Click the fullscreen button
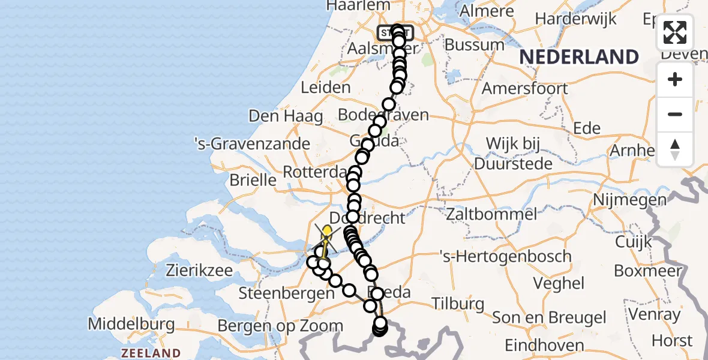pos(675,32)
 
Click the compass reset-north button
pos(675,149)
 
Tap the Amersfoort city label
pos(525,88)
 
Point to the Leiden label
pos(325,88)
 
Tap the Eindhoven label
pos(544,345)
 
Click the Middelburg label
pos(131,325)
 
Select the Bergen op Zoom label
pos(280,326)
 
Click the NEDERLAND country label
pos(578,57)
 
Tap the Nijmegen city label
pos(630,200)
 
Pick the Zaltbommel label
pos(491,214)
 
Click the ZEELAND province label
pos(150,353)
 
